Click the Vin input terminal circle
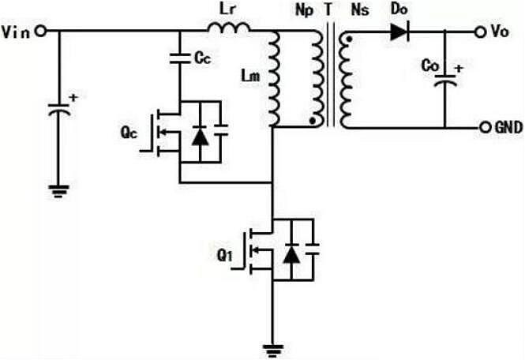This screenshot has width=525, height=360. (x=39, y=32)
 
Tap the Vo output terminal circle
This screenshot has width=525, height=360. (x=478, y=32)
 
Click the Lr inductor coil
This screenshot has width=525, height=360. (x=230, y=29)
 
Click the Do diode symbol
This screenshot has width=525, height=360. (x=396, y=32)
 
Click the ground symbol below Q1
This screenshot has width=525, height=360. (x=272, y=347)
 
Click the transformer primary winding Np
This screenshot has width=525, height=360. (x=317, y=79)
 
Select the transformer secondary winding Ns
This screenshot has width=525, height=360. (x=346, y=79)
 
